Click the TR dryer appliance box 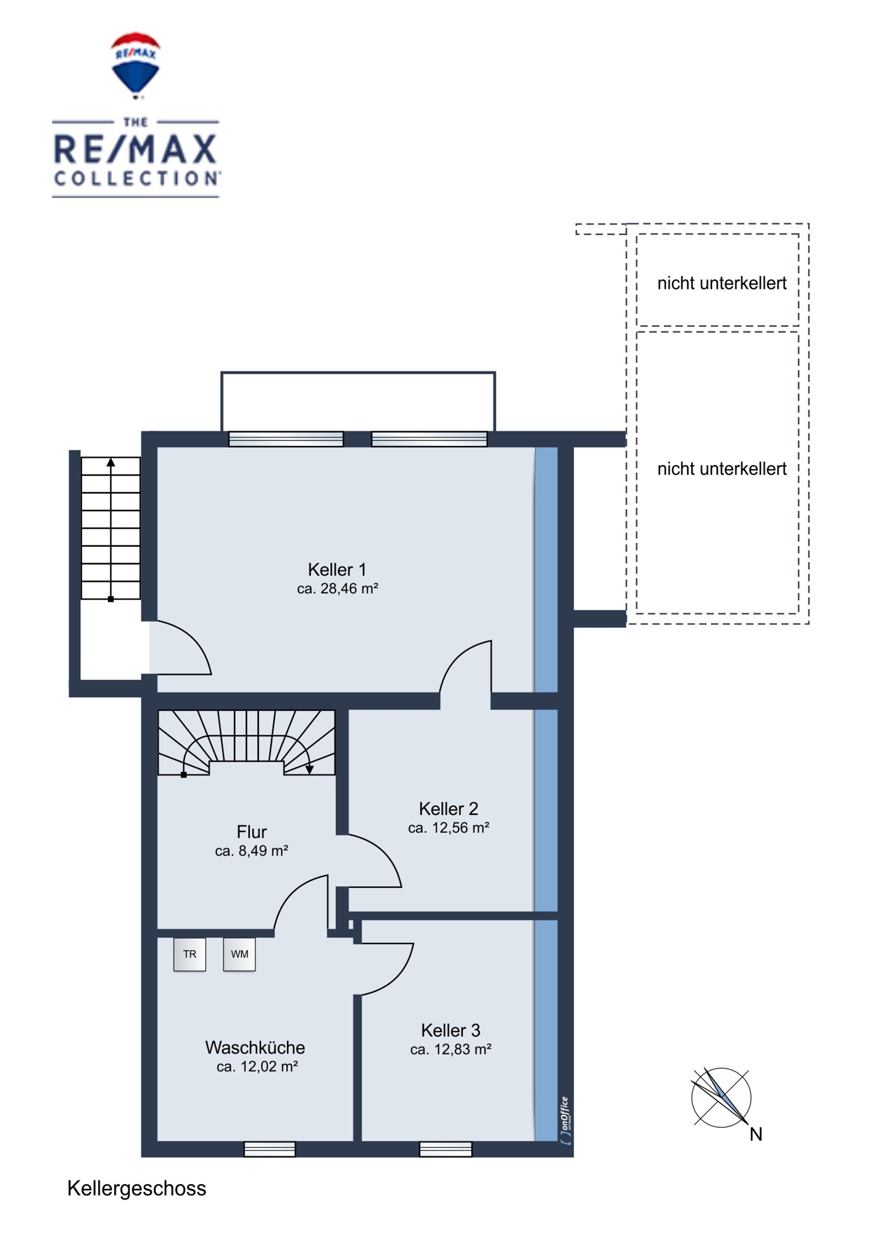point(189,954)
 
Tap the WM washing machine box point(239,954)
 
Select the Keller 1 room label point(337,569)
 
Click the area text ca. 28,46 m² point(338,589)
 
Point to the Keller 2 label point(449,809)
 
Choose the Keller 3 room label point(451,1030)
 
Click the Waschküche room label point(255,1048)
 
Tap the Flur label point(252,832)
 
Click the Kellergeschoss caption point(137,1189)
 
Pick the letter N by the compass point(756,1134)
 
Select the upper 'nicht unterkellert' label point(722,283)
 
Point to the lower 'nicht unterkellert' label point(722,469)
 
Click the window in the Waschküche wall point(270,1149)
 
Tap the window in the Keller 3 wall point(446,1149)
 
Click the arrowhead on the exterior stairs point(111,462)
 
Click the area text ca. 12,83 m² point(451,1050)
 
